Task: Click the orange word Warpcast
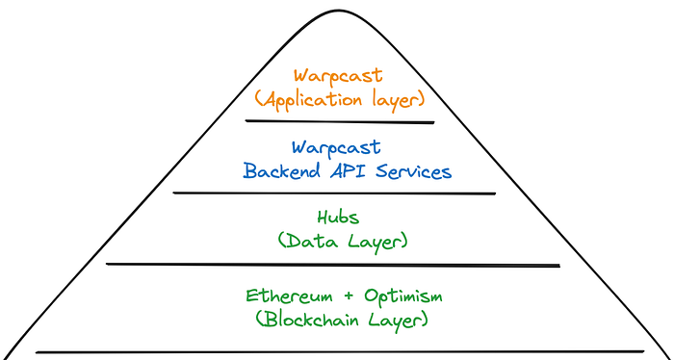[338, 76]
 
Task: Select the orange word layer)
[397, 101]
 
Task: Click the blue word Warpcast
[336, 148]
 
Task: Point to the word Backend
[282, 171]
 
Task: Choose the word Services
[413, 171]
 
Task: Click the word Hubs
[338, 218]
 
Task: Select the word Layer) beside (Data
[376, 243]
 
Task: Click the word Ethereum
[289, 296]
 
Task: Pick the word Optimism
[403, 296]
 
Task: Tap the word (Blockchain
[307, 320]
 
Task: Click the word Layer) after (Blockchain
[398, 321]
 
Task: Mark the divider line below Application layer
[340, 121]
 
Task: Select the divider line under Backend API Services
[334, 193]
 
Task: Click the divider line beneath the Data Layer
[333, 265]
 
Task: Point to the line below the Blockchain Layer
[340, 352]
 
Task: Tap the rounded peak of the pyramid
[338, 11]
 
